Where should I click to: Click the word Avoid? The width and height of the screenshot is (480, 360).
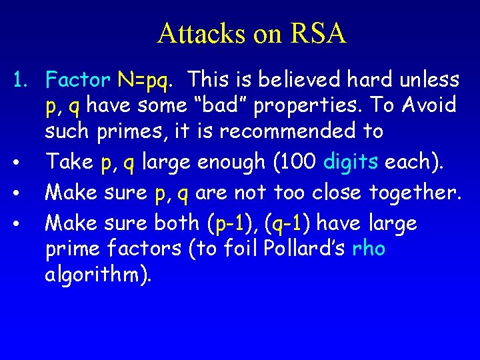428,105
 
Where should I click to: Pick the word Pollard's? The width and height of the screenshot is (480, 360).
306,248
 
